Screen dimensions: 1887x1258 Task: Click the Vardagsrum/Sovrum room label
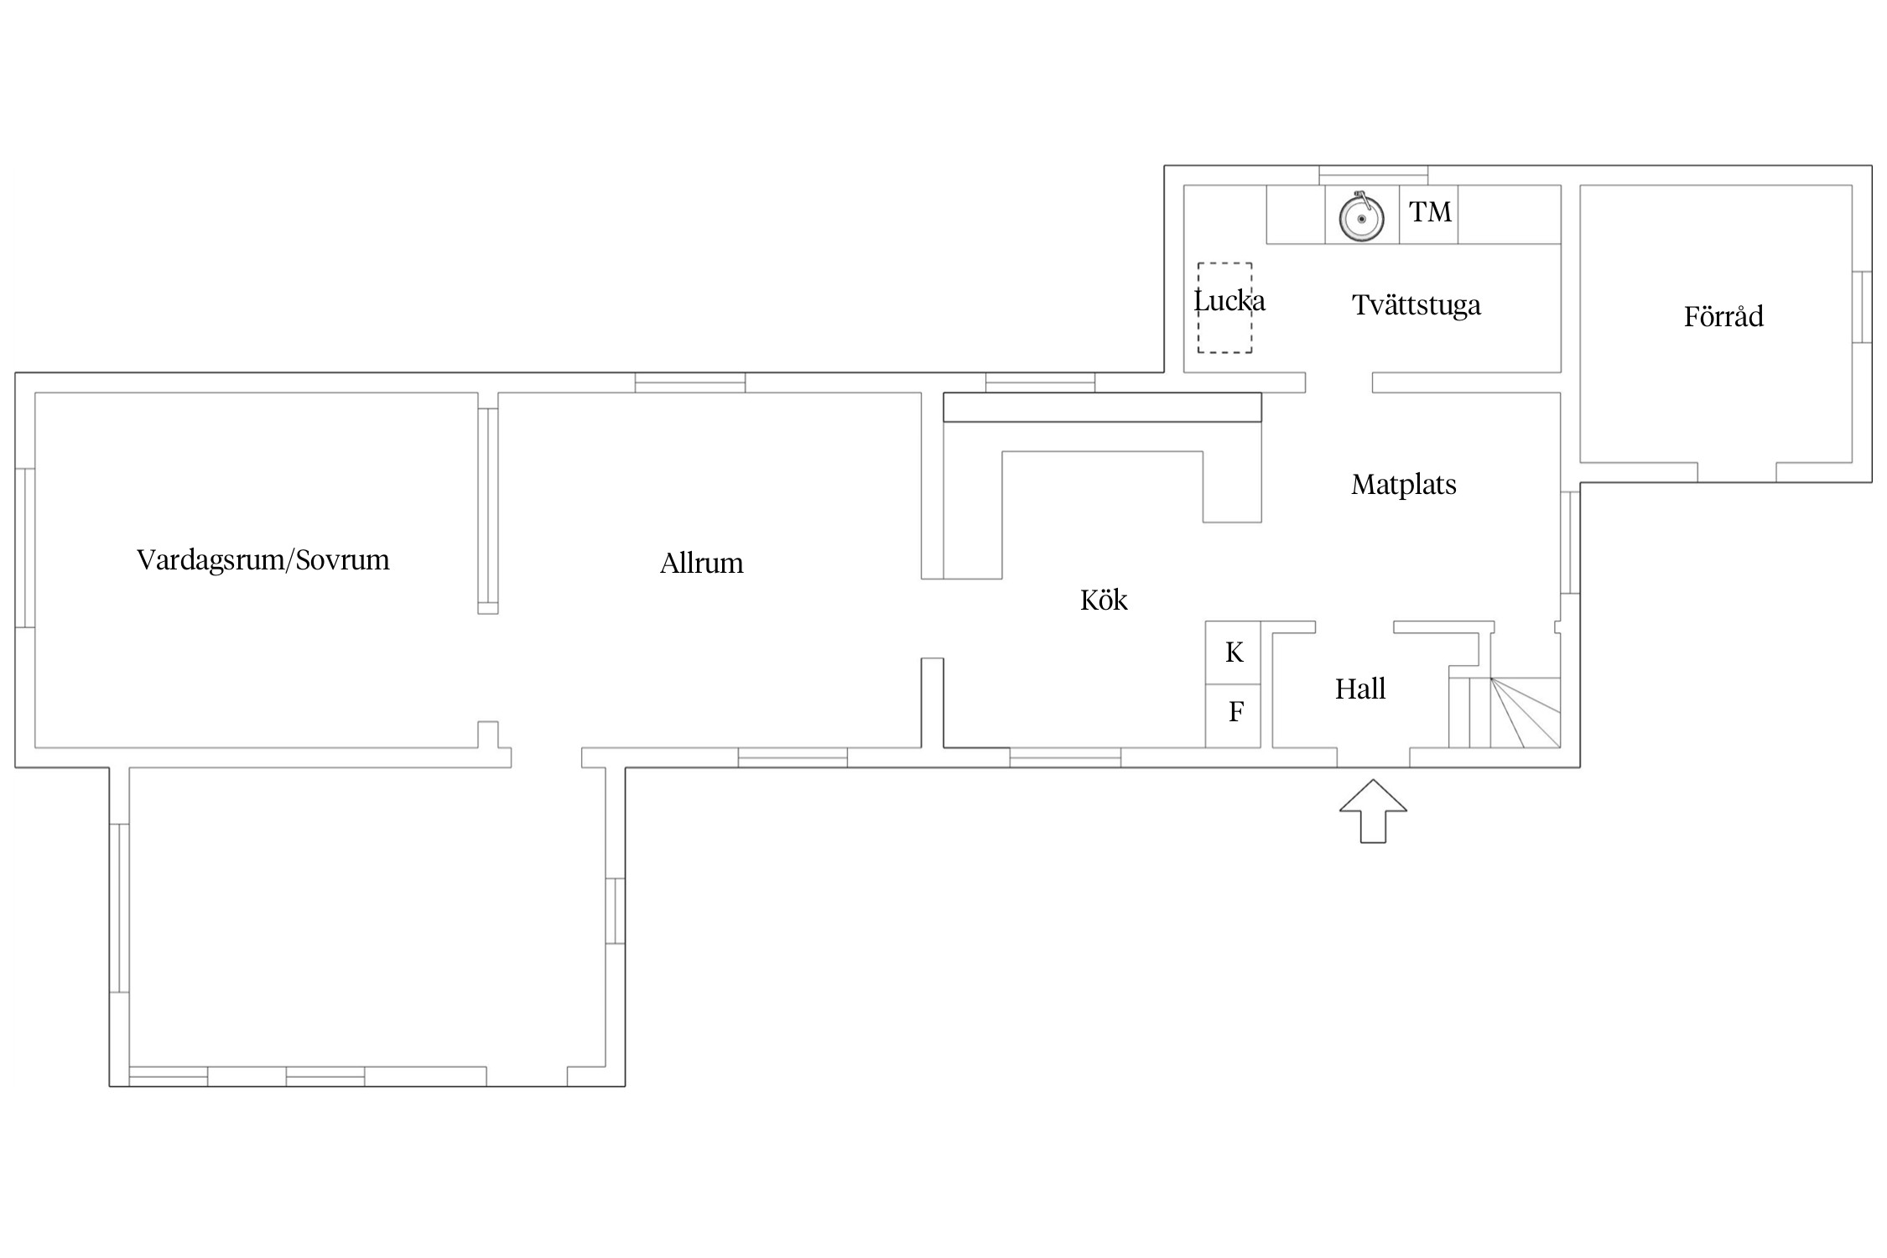pos(263,560)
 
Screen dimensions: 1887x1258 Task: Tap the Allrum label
pos(702,563)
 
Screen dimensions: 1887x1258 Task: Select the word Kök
pos(1104,600)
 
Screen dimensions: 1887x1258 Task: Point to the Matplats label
pos(1404,485)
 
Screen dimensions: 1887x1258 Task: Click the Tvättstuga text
pos(1417,305)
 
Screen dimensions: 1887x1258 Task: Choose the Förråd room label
pos(1723,316)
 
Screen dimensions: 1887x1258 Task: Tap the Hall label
pos(1360,689)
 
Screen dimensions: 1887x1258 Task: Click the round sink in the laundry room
pos(1361,218)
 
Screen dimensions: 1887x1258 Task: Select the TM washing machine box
pos(1428,215)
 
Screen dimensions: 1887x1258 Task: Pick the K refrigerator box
pos(1233,652)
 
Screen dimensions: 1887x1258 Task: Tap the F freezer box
pos(1233,715)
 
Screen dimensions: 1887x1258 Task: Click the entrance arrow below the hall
pos(1373,811)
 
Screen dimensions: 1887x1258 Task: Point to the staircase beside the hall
pos(1505,712)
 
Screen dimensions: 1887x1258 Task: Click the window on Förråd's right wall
pos(1862,307)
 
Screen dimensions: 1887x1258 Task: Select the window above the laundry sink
pos(1374,175)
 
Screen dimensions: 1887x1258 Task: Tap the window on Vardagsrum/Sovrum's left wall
pos(25,548)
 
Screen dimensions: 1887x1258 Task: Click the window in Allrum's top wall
pos(690,382)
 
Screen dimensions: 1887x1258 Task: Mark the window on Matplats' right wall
pos(1570,543)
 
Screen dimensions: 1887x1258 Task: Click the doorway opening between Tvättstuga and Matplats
pos(1339,382)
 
